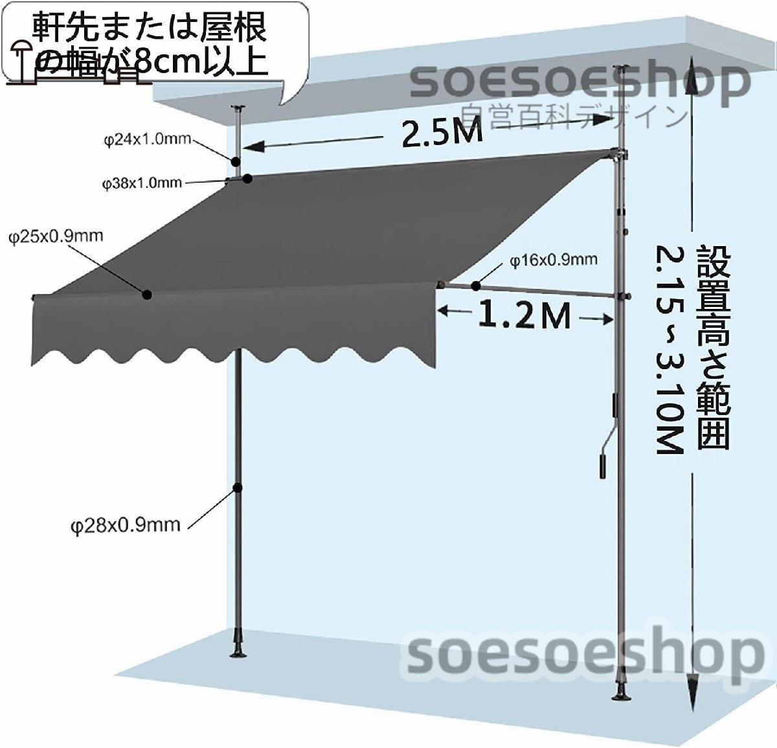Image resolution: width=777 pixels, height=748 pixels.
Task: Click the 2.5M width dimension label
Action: (x=442, y=133)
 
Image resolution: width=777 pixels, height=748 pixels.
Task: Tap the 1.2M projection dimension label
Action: (x=525, y=316)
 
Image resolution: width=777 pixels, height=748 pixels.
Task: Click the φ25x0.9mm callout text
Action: (x=56, y=236)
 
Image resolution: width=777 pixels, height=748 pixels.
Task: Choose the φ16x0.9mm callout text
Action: (x=553, y=260)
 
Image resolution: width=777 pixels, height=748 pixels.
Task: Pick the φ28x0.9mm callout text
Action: (x=125, y=525)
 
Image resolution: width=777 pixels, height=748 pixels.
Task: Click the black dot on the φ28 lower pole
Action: (x=238, y=487)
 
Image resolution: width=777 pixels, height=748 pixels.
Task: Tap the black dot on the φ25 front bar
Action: (x=148, y=295)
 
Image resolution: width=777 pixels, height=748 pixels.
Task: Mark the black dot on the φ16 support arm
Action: (x=475, y=286)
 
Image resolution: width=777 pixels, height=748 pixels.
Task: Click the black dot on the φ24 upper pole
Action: (x=236, y=161)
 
